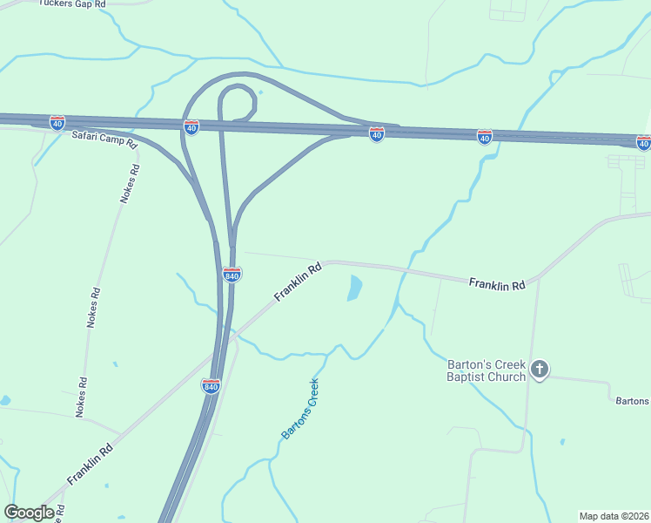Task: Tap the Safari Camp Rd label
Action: pyautogui.click(x=104, y=138)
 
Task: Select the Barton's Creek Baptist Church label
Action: pyautogui.click(x=486, y=370)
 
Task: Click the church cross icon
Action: pyautogui.click(x=540, y=370)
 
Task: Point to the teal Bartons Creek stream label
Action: pyautogui.click(x=300, y=409)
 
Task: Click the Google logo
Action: pyautogui.click(x=29, y=513)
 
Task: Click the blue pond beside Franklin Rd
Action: pyautogui.click(x=354, y=288)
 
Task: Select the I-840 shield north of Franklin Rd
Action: pyautogui.click(x=232, y=275)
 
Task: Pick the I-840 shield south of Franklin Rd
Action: pyautogui.click(x=211, y=385)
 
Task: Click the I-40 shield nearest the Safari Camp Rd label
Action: pyautogui.click(x=57, y=122)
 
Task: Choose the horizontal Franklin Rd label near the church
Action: pyautogui.click(x=497, y=285)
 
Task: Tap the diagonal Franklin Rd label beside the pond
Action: pyautogui.click(x=298, y=282)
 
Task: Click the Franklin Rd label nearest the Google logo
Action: pyautogui.click(x=90, y=465)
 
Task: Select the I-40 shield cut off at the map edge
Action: pyautogui.click(x=643, y=142)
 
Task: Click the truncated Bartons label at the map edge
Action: pyautogui.click(x=632, y=401)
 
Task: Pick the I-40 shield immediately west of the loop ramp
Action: pyautogui.click(x=191, y=127)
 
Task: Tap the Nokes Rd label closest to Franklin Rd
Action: pyautogui.click(x=81, y=397)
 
